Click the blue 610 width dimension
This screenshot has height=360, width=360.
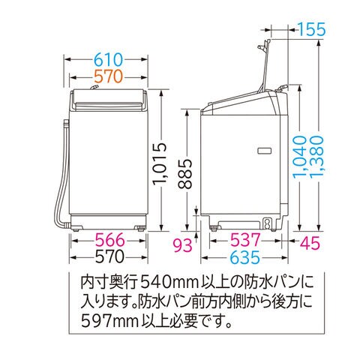(x=109, y=60)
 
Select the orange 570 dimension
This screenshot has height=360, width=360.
(x=109, y=76)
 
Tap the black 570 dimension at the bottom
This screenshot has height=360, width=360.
(x=109, y=256)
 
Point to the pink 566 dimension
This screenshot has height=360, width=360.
(x=110, y=240)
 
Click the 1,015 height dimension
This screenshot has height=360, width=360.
(x=159, y=164)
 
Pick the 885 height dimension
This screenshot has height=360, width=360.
(x=185, y=174)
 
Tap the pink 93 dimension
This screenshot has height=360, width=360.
(x=183, y=244)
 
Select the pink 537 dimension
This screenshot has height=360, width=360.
(x=245, y=240)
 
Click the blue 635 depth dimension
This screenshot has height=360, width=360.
(x=245, y=256)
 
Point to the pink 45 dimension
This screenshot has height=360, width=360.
(x=310, y=243)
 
